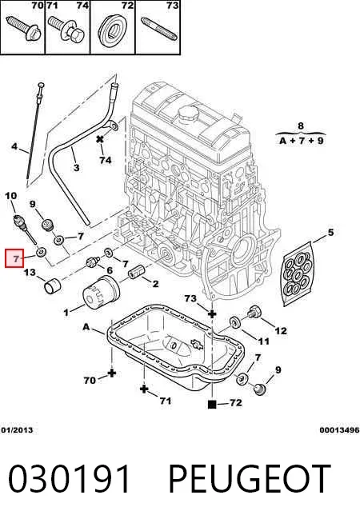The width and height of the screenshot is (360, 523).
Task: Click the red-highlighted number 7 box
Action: tap(14, 258)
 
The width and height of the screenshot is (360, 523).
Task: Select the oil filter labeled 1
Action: tap(101, 293)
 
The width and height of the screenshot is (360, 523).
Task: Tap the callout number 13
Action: tap(30, 273)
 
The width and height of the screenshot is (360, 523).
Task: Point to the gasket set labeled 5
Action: tap(298, 273)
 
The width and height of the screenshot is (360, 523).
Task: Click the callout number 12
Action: tap(281, 330)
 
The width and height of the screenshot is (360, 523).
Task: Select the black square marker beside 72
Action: tap(212, 405)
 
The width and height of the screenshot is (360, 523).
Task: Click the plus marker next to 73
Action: tap(212, 313)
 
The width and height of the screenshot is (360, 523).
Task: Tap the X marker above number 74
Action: tap(100, 139)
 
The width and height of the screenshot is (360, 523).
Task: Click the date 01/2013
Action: tap(17, 430)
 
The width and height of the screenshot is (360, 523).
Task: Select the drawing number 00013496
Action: tap(339, 430)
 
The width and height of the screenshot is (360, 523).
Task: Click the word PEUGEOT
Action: tap(250, 479)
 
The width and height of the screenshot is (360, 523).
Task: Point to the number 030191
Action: tap(69, 479)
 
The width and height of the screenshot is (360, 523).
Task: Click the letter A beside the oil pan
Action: tap(86, 327)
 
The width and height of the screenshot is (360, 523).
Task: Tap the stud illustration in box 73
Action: tap(158, 29)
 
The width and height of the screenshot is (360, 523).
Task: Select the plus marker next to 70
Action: tap(112, 373)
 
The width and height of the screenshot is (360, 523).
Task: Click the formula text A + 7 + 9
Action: tap(302, 141)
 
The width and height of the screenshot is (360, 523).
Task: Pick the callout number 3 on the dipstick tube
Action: tap(77, 167)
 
